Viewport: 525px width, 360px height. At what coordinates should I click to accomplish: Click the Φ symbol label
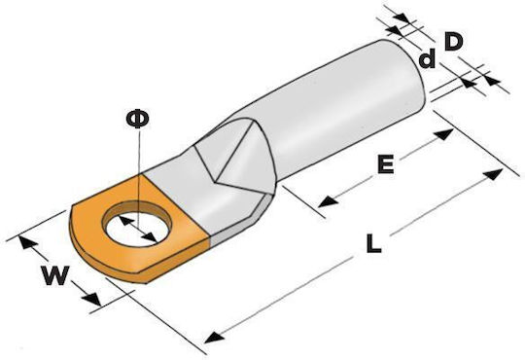pyautogui.click(x=137, y=120)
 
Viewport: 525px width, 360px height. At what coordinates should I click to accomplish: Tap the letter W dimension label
pyautogui.click(x=55, y=275)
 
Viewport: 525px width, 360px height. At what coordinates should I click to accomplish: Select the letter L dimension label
pyautogui.click(x=373, y=243)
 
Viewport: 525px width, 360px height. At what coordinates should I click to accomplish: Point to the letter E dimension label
pyautogui.click(x=385, y=163)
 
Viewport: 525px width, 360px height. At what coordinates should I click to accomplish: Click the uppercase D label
pyautogui.click(x=453, y=42)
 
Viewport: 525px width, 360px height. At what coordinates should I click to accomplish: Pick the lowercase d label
pyautogui.click(x=427, y=58)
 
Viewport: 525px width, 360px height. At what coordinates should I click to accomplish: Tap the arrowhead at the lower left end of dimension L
pyautogui.click(x=214, y=338)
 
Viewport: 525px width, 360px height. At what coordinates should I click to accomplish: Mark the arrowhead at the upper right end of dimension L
pyautogui.click(x=493, y=174)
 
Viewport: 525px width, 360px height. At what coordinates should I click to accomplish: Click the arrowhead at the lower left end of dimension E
pyautogui.click(x=328, y=201)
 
